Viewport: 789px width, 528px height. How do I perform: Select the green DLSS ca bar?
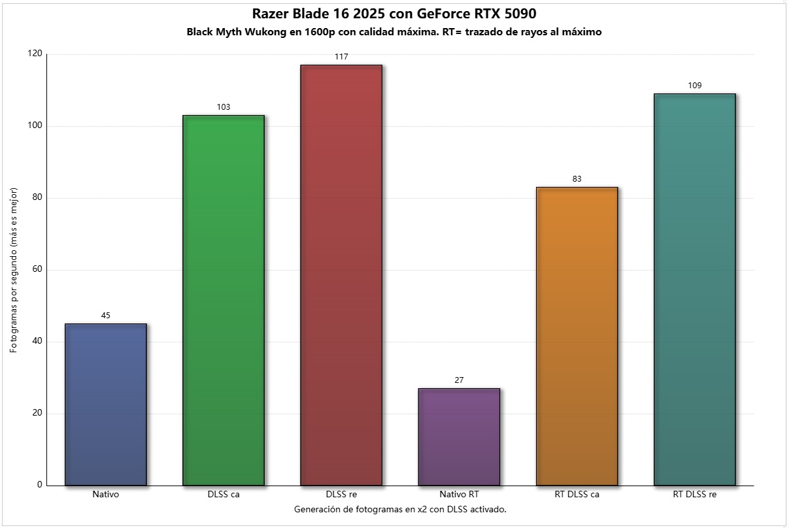[x=224, y=300]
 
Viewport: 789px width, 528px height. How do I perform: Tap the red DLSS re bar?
[x=341, y=274]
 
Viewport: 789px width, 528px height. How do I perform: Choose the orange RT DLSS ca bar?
[x=577, y=336]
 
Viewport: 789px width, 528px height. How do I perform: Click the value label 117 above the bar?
[x=341, y=57]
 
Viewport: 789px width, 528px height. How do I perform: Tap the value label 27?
[x=459, y=380]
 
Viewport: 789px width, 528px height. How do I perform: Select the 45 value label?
[x=106, y=316]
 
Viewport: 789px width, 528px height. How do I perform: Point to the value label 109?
[x=694, y=86]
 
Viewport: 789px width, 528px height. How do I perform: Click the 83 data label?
[x=577, y=179]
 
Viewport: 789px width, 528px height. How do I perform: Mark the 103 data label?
[x=224, y=107]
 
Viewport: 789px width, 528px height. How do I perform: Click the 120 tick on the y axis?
[x=34, y=54]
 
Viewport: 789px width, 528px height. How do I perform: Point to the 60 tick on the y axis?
[x=36, y=270]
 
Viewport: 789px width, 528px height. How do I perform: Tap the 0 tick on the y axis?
[x=39, y=485]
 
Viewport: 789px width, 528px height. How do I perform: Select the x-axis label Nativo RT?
[x=459, y=495]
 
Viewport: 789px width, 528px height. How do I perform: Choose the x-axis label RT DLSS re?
[x=694, y=495]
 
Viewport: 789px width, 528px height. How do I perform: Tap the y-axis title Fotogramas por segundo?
[x=13, y=270]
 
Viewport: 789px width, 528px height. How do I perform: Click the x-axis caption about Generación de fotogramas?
[x=400, y=509]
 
